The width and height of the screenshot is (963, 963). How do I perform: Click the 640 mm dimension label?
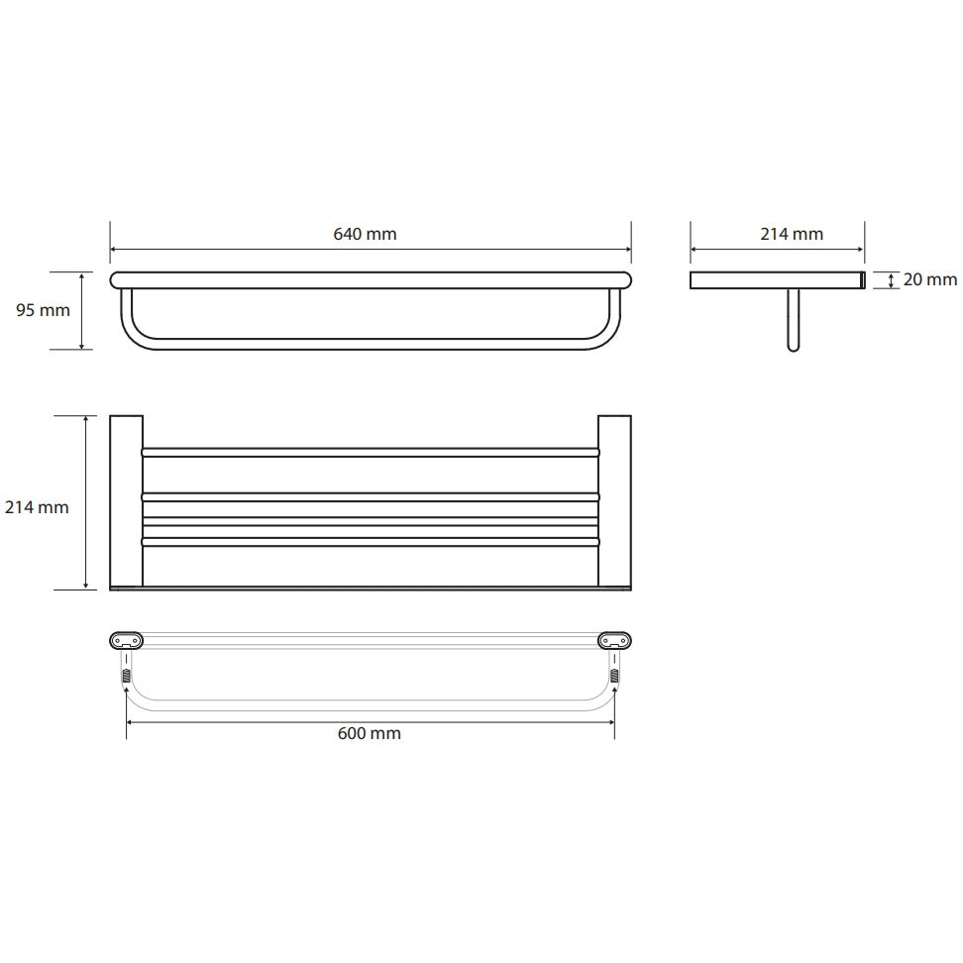coord(365,234)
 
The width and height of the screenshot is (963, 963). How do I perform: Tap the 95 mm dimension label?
coord(43,310)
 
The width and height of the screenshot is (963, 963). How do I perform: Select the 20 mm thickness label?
coord(930,279)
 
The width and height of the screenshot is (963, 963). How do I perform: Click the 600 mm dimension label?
coord(370,733)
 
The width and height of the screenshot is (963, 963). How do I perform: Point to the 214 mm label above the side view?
coord(792,234)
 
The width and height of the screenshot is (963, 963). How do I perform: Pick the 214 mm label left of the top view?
coord(37,507)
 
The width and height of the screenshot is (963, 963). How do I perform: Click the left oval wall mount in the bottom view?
coord(126,641)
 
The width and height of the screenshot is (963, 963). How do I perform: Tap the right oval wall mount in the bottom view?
coord(614,641)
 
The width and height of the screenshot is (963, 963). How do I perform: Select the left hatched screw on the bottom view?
coord(127,677)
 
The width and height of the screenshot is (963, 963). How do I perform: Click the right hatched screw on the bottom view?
coord(614,677)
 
